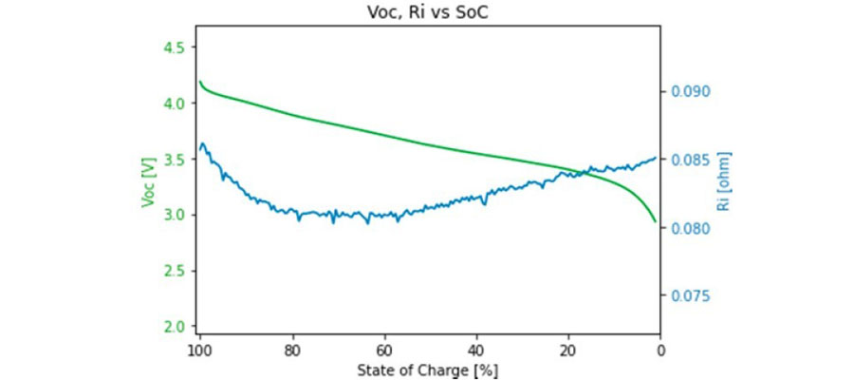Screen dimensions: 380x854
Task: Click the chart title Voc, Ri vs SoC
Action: point(429,14)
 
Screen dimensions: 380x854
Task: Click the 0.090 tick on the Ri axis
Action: point(691,92)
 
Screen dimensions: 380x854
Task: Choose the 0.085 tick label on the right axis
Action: point(691,160)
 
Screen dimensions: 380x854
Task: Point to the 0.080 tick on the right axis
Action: point(691,228)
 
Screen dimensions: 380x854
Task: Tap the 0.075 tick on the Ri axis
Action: point(691,296)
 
